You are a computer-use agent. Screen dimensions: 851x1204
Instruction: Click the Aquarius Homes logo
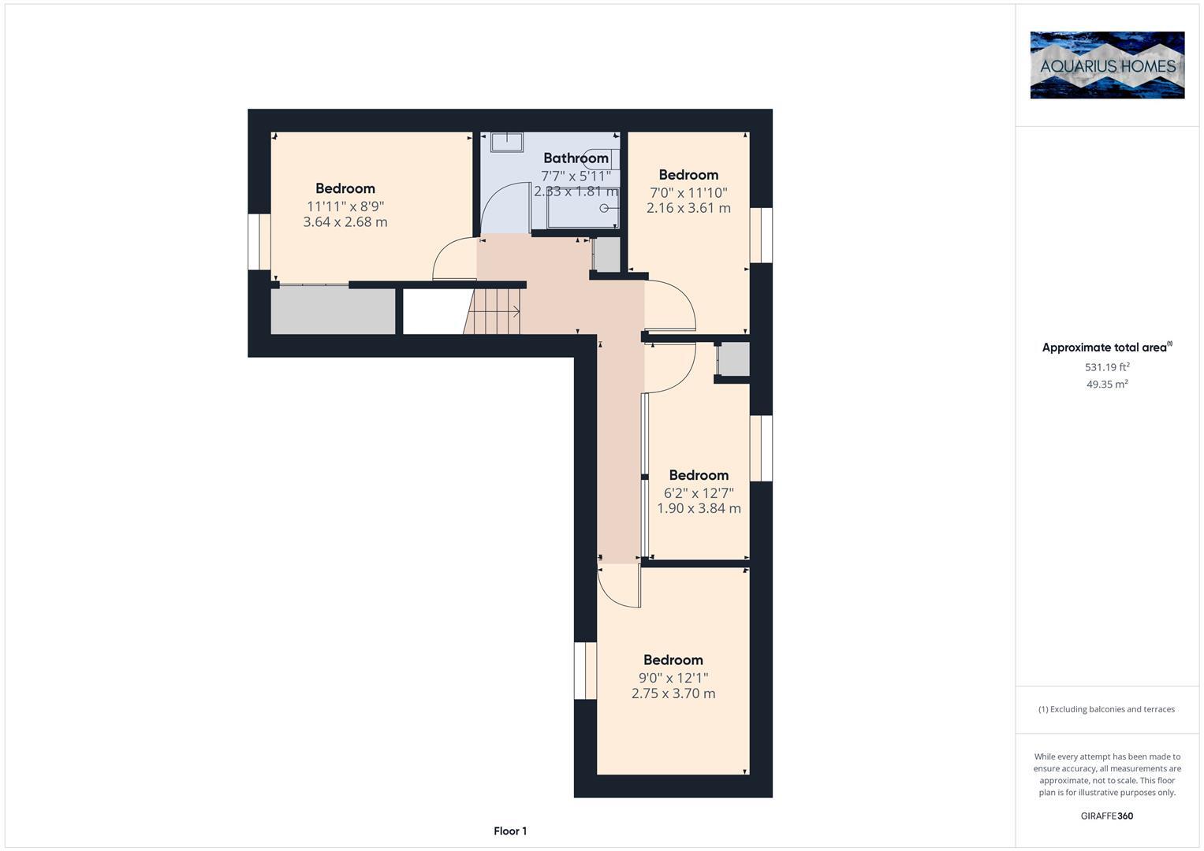coord(1107,65)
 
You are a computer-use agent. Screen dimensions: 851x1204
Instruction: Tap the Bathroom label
coord(576,158)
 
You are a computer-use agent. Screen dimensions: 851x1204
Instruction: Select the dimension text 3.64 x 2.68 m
coord(345,222)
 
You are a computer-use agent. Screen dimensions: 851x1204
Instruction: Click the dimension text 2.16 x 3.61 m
coord(688,208)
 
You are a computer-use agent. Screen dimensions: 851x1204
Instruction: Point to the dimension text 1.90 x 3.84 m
coord(699,508)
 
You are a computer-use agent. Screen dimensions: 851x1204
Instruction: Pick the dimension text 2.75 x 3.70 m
coord(673,693)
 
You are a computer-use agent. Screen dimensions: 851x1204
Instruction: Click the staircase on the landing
coord(494,311)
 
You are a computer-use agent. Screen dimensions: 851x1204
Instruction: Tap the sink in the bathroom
coord(506,142)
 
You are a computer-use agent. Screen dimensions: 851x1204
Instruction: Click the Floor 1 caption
coord(510,831)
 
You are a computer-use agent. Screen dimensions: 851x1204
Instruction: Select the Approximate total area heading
coord(1106,347)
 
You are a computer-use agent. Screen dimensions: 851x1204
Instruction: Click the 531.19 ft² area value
coord(1107,367)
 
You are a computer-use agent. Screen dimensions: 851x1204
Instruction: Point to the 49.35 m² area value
coord(1107,385)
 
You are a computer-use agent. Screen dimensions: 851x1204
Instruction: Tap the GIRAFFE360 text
coord(1107,816)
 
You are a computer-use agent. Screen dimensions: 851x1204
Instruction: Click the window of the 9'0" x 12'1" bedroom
coord(585,671)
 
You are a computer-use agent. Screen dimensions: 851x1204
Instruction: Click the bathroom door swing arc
coord(501,206)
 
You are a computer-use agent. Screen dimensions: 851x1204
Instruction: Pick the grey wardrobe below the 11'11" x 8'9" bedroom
coord(333,311)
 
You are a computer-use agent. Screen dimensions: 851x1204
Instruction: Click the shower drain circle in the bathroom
coord(605,208)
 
